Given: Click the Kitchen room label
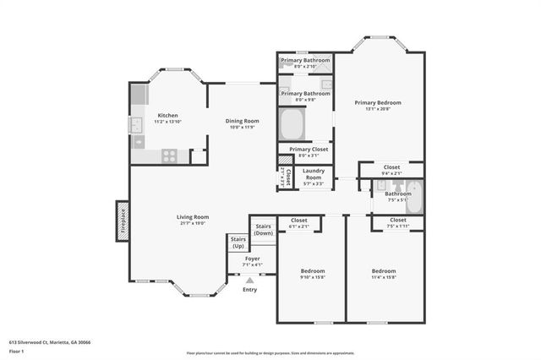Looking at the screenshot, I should [167, 115].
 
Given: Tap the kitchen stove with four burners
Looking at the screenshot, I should [169, 155].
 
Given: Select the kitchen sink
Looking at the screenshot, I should [135, 125].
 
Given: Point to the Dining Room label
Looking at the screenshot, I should [242, 121].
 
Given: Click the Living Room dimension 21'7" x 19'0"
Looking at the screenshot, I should [192, 224].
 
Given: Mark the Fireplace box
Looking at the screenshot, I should [122, 221].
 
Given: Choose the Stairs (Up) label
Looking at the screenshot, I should [238, 243].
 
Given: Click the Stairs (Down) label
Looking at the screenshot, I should [264, 229].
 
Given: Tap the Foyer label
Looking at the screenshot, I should [253, 259].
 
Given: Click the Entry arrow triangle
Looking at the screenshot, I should [249, 280].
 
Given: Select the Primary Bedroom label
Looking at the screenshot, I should [377, 102].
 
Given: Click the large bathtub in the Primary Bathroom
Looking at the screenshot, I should [292, 126].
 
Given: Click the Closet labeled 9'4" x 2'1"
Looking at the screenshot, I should [391, 170].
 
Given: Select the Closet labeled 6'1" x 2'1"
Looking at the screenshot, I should [299, 223].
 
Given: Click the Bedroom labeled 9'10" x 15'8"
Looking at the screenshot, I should [312, 274].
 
